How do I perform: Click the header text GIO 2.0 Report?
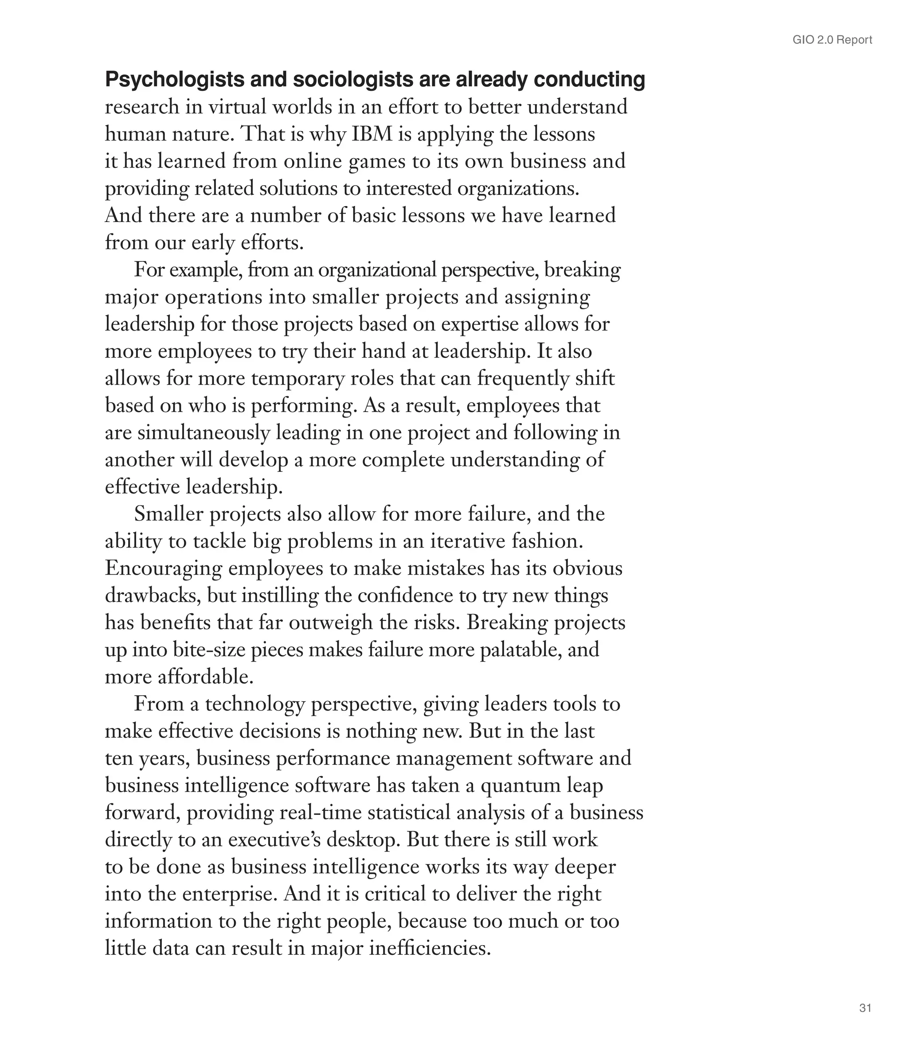[832, 40]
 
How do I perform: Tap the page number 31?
[865, 1008]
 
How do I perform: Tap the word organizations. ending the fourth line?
[518, 189]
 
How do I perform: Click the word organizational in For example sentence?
[377, 270]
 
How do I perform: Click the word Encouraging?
[164, 568]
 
